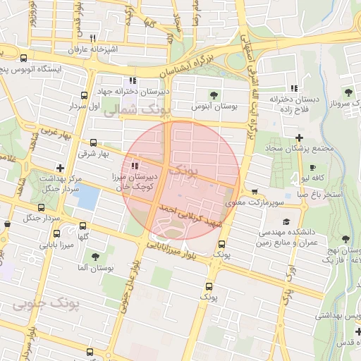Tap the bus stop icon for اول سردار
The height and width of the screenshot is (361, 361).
point(85,94)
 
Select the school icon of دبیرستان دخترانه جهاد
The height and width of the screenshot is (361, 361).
point(133,81)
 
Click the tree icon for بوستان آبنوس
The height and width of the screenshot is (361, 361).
point(214,94)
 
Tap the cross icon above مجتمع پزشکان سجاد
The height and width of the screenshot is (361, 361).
point(300,137)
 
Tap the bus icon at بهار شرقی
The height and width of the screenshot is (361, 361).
point(94,142)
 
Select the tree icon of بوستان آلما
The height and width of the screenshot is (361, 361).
point(95,257)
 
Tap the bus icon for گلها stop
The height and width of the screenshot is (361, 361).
point(83,226)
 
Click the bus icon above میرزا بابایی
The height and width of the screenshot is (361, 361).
point(55,233)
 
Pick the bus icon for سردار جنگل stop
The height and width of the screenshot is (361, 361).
point(41,208)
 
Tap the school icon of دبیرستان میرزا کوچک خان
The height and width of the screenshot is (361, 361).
point(135,166)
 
